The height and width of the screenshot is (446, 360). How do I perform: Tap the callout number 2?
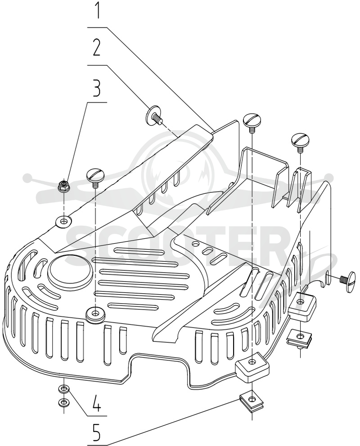pyautogui.click(x=97, y=47)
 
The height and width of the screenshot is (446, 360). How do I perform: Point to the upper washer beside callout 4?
pyautogui.click(x=64, y=388)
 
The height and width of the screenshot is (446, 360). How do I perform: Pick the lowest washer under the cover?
pyautogui.click(x=64, y=402)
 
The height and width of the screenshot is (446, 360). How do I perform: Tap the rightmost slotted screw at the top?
pyautogui.click(x=300, y=141)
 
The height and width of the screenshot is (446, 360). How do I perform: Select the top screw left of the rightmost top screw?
pyautogui.click(x=252, y=122)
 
